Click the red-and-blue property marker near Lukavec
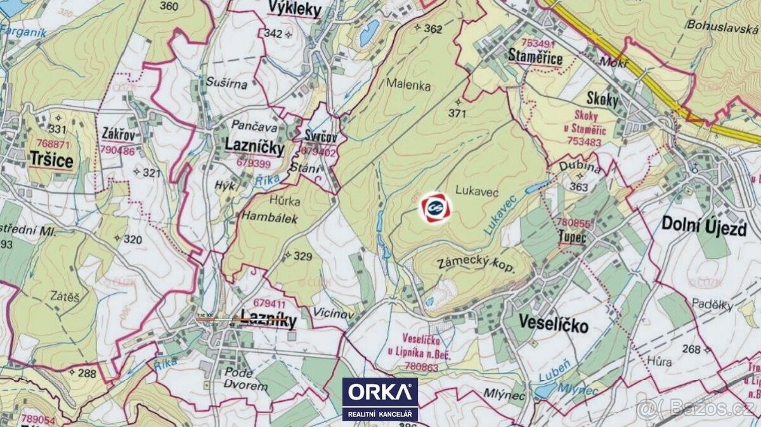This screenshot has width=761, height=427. pyautogui.click(x=435, y=207)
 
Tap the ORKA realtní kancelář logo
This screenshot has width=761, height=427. pyautogui.click(x=380, y=398)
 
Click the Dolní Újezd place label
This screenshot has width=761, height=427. pyautogui.click(x=703, y=226)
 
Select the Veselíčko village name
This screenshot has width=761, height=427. pyautogui.click(x=554, y=326)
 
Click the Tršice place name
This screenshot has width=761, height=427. pyautogui.click(x=51, y=161)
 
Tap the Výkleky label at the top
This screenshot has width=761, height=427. pyautogui.click(x=295, y=9)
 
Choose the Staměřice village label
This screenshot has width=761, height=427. pyautogui.click(x=536, y=58)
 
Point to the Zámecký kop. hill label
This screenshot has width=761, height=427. pyautogui.click(x=476, y=265)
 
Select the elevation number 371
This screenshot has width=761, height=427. pyautogui.click(x=457, y=114)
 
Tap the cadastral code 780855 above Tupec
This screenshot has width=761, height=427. pyautogui.click(x=573, y=223)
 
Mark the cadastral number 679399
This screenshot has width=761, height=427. pyautogui.click(x=254, y=163)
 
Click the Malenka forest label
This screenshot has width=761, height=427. pyautogui.click(x=410, y=86)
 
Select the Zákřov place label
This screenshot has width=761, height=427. pyautogui.click(x=118, y=134)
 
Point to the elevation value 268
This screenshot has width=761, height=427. pyautogui.click(x=693, y=349)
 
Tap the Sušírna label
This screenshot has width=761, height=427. pyautogui.click(x=221, y=82)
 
